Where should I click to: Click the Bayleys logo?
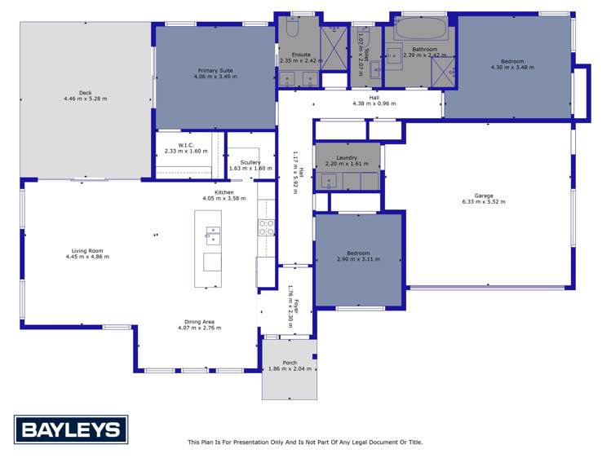click(71, 429)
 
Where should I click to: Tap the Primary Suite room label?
click(214, 71)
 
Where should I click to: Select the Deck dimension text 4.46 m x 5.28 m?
click(86, 99)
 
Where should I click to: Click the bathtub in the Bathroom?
click(420, 29)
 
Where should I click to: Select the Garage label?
click(484, 196)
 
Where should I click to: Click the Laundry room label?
click(348, 157)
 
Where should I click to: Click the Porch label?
click(290, 363)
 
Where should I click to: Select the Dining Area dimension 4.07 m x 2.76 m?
click(199, 328)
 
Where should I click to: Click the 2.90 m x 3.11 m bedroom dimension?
click(359, 259)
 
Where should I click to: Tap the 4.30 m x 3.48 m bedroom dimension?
click(512, 67)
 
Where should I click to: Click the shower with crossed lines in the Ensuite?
click(333, 50)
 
